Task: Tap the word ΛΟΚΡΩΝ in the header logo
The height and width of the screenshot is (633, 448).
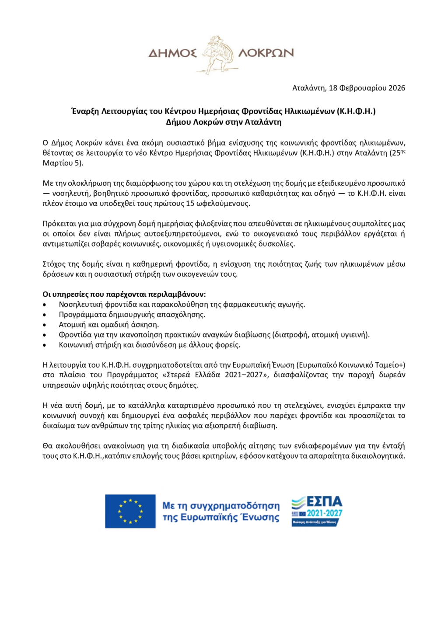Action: click(x=266, y=53)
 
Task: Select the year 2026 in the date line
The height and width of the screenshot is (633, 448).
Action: click(x=396, y=88)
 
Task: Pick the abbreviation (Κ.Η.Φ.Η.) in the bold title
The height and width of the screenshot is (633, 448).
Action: click(x=356, y=111)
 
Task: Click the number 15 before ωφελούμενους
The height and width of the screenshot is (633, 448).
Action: click(x=190, y=203)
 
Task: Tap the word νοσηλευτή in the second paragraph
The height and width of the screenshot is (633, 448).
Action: click(x=70, y=193)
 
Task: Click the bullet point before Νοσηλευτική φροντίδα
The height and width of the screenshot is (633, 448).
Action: click(x=45, y=305)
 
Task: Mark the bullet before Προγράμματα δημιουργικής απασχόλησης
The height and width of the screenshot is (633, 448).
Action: click(x=45, y=315)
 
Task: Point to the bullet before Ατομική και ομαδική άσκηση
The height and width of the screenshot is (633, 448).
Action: click(x=45, y=325)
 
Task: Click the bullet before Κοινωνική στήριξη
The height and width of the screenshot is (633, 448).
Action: click(x=45, y=345)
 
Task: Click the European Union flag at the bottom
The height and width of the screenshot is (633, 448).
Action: click(x=130, y=511)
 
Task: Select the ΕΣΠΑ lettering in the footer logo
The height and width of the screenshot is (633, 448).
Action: click(x=324, y=501)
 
